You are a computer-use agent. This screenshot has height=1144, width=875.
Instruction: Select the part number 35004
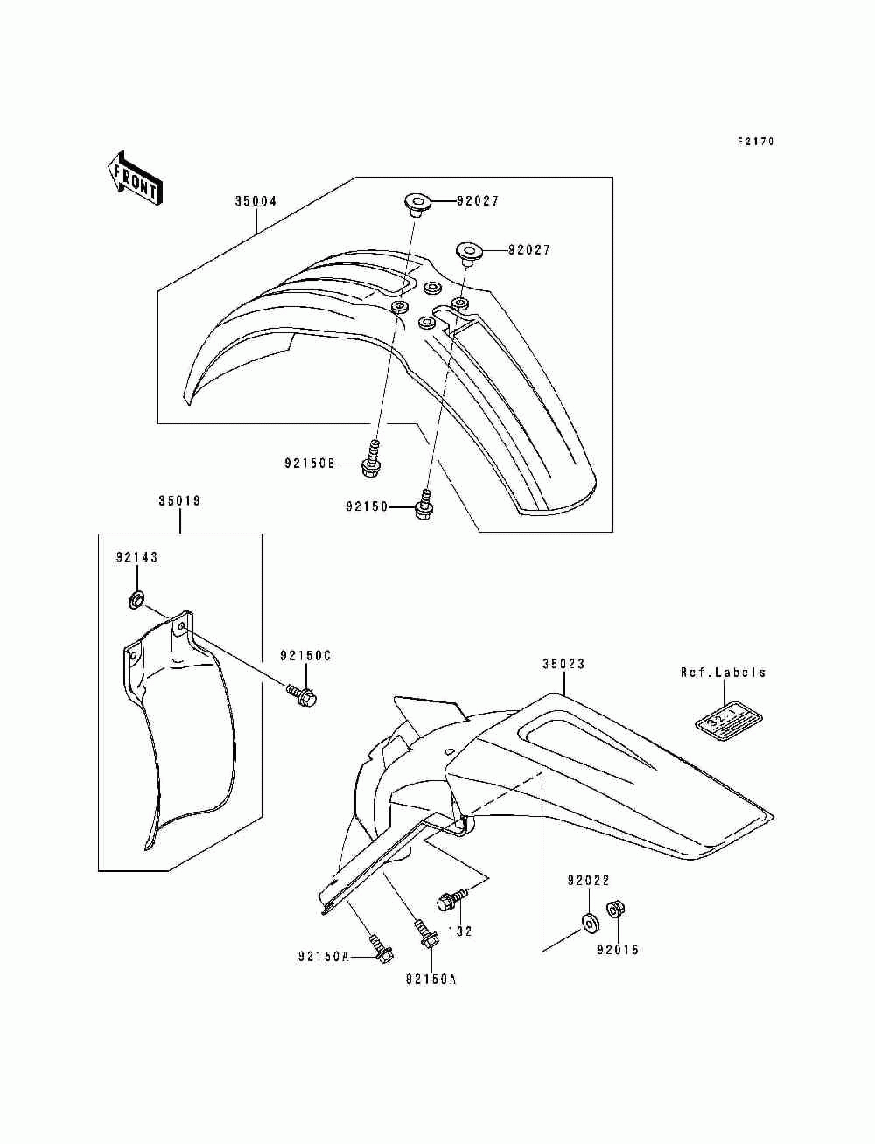(255, 201)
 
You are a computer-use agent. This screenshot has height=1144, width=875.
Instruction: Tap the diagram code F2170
(755, 142)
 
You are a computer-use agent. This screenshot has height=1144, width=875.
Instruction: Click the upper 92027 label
(478, 201)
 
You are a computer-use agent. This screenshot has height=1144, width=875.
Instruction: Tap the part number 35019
(179, 502)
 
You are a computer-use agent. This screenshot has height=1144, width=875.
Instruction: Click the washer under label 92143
(136, 601)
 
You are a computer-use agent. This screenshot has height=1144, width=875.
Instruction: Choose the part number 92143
(137, 557)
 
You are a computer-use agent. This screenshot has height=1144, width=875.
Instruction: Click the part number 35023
(563, 664)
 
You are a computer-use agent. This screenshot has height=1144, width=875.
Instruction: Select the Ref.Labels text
(724, 673)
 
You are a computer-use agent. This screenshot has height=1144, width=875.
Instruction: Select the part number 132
(460, 931)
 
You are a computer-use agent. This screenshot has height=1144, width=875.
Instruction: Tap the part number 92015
(618, 950)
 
